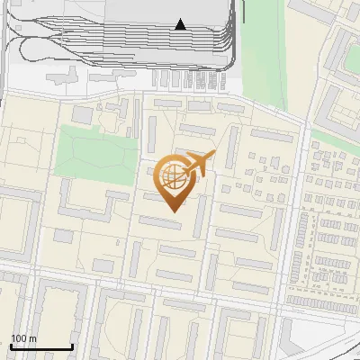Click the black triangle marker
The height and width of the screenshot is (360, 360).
pyautogui.click(x=180, y=24)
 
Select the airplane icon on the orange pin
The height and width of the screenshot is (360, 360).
pyautogui.click(x=199, y=165)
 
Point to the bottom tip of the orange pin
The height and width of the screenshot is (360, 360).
pyautogui.click(x=172, y=211)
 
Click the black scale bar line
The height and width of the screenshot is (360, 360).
pyautogui.click(x=41, y=347)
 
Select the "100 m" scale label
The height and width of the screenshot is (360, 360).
pyautogui.click(x=23, y=338)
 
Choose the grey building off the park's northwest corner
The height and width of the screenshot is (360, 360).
pyautogui.click(x=82, y=115)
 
